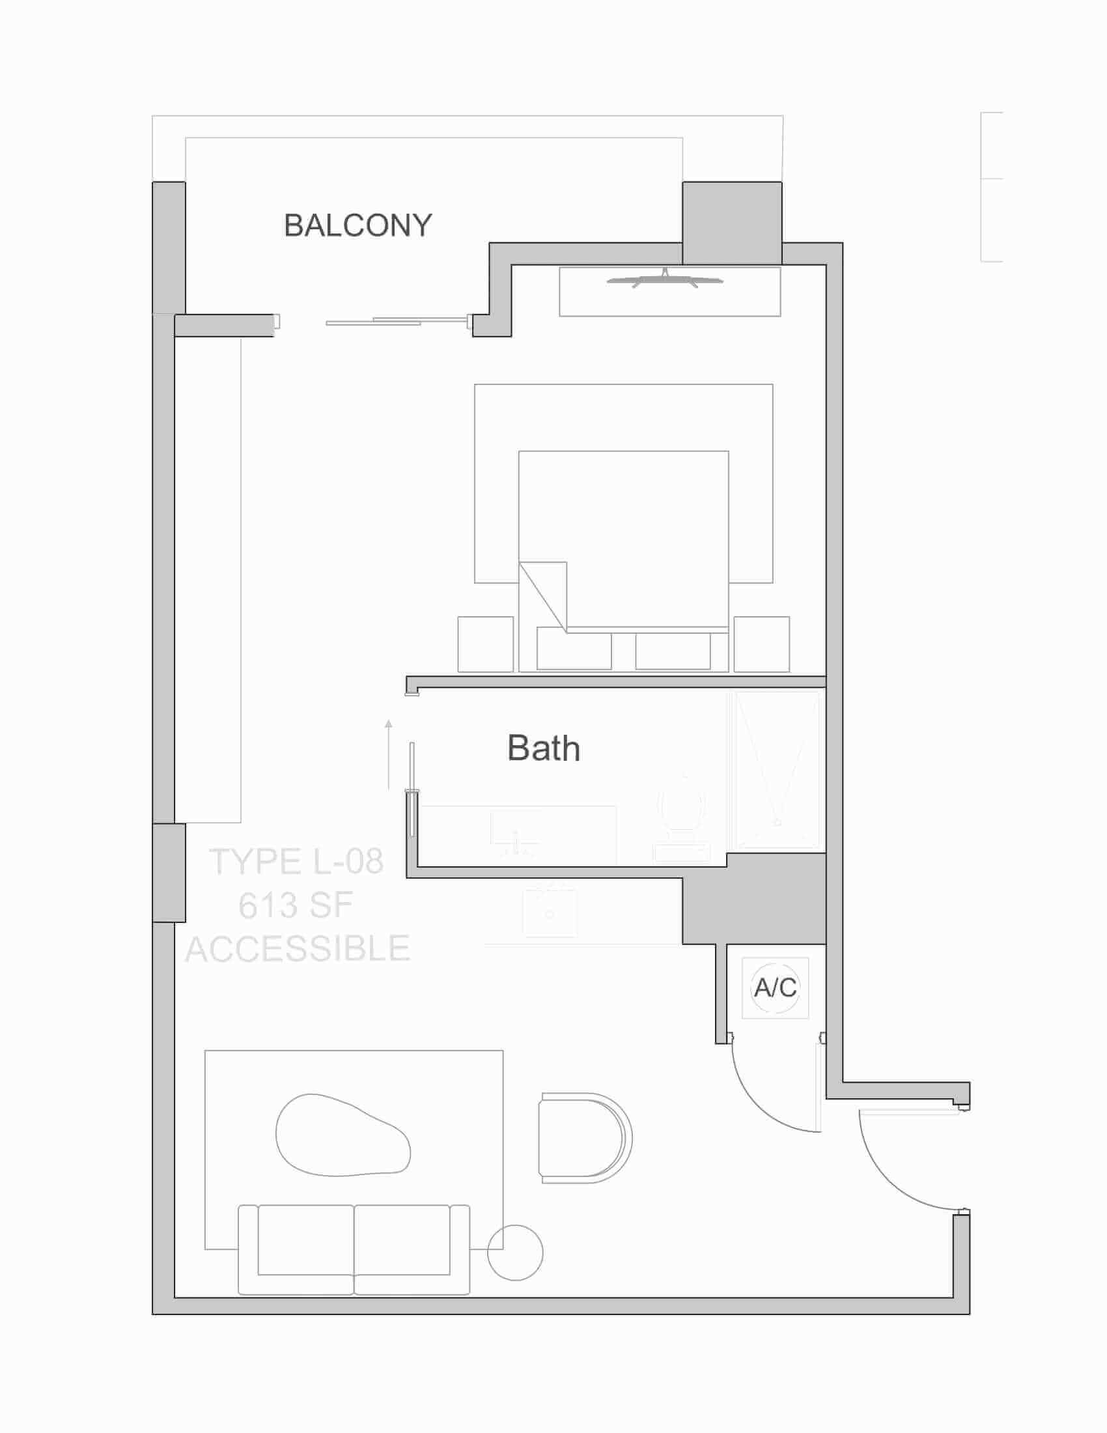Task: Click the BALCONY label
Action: point(358,226)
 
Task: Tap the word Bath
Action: point(544,748)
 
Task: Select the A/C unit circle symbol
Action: point(775,987)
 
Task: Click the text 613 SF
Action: point(296,905)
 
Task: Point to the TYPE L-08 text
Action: point(296,862)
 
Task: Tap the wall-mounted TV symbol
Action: point(665,280)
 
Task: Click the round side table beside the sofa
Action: point(516,1253)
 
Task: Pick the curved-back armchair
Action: point(584,1138)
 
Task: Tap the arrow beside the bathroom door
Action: point(388,754)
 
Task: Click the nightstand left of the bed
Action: point(485,644)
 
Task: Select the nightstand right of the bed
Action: point(761,644)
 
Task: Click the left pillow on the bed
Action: point(574,648)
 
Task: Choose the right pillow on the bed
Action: point(673,650)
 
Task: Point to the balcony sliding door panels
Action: point(397,322)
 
